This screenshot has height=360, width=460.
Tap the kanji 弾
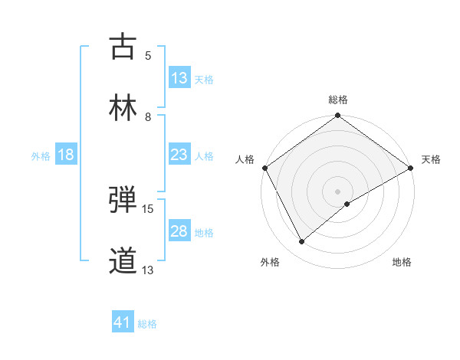pyautogui.click(x=123, y=200)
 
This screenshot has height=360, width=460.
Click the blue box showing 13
pyautogui.click(x=179, y=78)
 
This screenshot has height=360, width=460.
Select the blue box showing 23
pyautogui.click(x=179, y=155)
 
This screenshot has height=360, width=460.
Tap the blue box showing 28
pyautogui.click(x=179, y=232)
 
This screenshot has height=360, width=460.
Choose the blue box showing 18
pyautogui.click(x=66, y=155)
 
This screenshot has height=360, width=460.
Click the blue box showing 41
pyautogui.click(x=123, y=323)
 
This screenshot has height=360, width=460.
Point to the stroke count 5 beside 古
pyautogui.click(x=148, y=55)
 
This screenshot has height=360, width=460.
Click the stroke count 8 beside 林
pyautogui.click(x=148, y=116)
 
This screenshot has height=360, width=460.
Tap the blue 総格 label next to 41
pyautogui.click(x=147, y=324)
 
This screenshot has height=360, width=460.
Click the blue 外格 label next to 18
pyautogui.click(x=41, y=156)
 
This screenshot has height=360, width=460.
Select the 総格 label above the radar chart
pyautogui.click(x=338, y=100)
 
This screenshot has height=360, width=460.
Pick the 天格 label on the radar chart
pyautogui.click(x=431, y=159)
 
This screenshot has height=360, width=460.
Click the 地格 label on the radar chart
pyautogui.click(x=402, y=263)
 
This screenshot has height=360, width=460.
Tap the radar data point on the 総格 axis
pyautogui.click(x=338, y=116)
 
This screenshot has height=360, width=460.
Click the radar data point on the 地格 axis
pyautogui.click(x=347, y=204)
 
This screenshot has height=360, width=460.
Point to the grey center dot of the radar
pyautogui.click(x=338, y=191)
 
